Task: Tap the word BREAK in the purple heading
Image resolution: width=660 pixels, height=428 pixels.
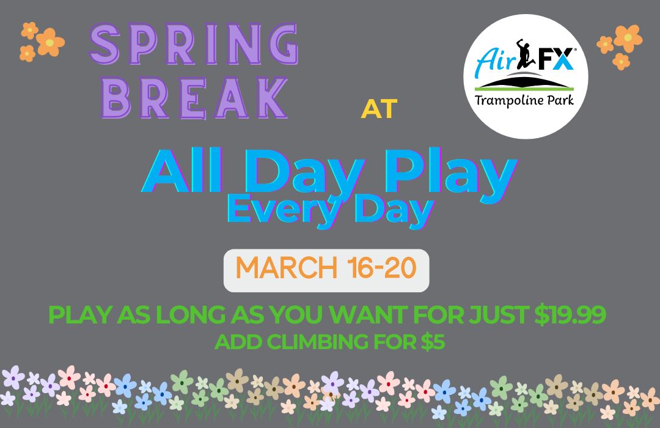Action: point(194,97)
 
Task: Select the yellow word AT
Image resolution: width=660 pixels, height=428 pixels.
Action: point(379,109)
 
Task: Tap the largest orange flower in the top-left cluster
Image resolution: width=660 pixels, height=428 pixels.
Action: point(50,42)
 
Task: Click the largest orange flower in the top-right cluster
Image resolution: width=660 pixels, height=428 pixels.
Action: point(628,38)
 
